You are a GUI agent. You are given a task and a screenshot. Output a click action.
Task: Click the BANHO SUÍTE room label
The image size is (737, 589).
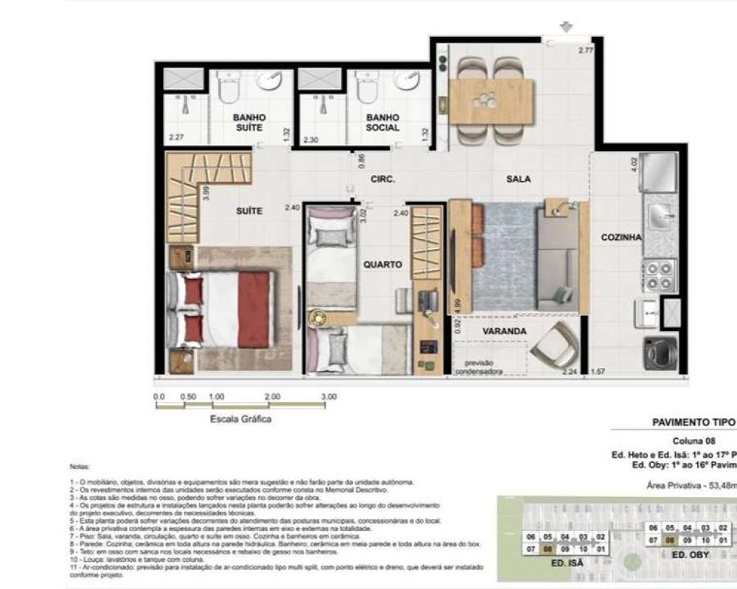pos(249,122)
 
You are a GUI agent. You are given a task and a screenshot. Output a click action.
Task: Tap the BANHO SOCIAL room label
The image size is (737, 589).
pos(383,122)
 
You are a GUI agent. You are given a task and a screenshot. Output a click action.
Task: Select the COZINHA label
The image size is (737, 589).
pos(621,237)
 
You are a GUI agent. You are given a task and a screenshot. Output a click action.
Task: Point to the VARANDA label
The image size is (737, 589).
pos(504,331)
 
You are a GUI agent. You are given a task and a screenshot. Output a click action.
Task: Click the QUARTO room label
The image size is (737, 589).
pos(383,264)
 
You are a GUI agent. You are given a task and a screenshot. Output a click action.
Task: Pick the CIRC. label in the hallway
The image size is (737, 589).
pos(383,179)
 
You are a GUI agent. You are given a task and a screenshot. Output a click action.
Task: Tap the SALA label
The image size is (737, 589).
pos(519,179)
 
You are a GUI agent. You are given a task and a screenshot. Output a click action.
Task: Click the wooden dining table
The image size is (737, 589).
pos(491,101)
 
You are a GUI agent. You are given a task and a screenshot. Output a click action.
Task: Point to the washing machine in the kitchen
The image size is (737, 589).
pos(659,353)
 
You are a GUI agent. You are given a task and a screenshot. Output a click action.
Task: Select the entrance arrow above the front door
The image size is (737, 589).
pos(566,27)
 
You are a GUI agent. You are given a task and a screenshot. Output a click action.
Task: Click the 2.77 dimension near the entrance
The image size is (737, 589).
pos(585,50)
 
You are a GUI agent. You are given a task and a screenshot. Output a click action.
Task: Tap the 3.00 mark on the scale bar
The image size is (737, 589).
pos(329,397)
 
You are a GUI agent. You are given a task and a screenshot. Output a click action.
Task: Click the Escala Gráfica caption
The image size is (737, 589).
pos(240,419)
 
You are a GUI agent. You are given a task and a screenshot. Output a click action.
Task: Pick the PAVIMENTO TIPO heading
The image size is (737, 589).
pos(693,423)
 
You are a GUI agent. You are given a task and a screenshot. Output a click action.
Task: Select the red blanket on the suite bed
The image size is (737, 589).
pos(254,308)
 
